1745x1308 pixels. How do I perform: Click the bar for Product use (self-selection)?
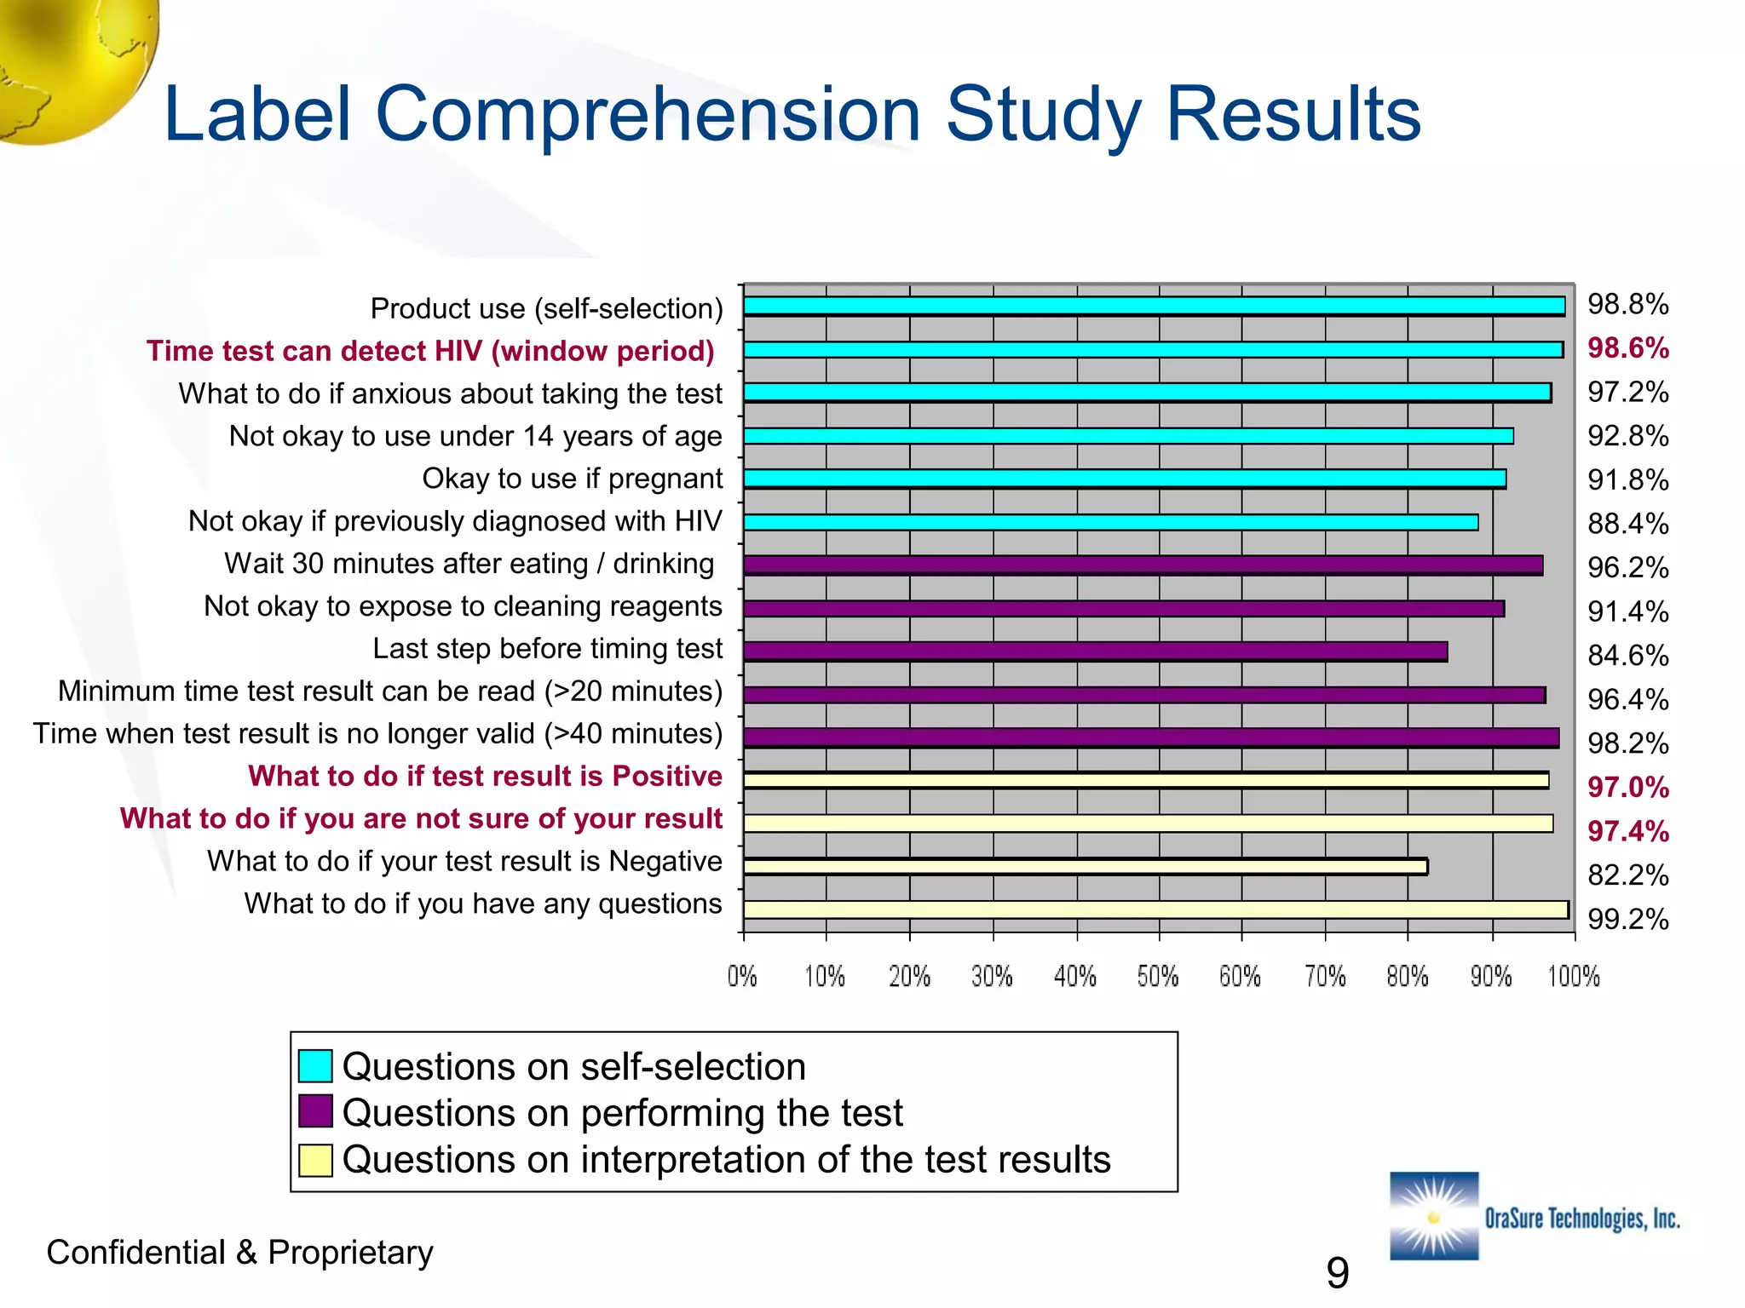pos(1154,306)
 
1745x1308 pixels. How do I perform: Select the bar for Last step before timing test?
pos(1095,651)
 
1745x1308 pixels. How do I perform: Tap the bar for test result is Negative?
pos(1085,866)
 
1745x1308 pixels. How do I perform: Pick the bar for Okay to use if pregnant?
pos(1125,479)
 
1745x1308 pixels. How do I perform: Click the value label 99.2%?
pos(1627,919)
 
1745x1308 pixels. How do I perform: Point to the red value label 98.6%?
pos(1627,348)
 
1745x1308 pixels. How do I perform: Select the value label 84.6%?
pos(1627,656)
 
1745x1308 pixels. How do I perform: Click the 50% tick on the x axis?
pos(1158,976)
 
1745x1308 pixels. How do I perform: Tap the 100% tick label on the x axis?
pos(1574,976)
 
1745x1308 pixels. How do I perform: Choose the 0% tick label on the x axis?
pos(742,976)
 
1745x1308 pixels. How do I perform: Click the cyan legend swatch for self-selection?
pos(315,1066)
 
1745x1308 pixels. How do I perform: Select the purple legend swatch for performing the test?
pos(315,1111)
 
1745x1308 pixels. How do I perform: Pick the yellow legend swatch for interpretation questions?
pos(315,1160)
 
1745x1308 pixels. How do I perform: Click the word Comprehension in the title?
pos(648,115)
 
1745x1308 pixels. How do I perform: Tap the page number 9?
pos(1337,1273)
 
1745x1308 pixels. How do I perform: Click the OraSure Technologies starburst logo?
pos(1434,1216)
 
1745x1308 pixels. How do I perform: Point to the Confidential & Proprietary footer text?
pos(239,1253)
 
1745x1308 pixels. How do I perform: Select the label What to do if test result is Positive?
pos(485,777)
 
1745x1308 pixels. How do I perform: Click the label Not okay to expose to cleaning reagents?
pos(463,606)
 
